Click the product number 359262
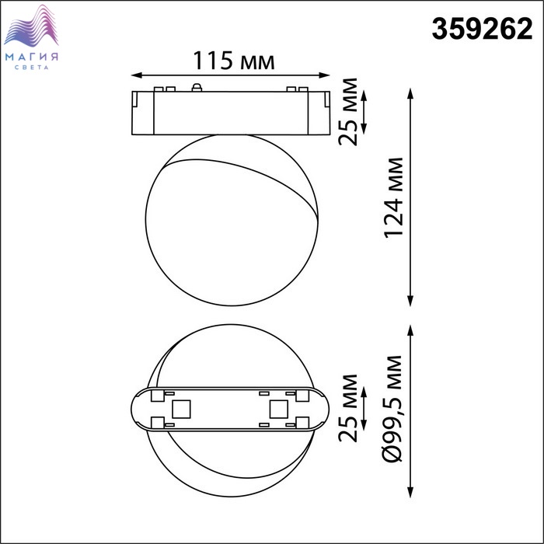482,29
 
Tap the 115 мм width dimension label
233,61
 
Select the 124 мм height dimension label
394,197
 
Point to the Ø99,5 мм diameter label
393,409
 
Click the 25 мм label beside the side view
348,112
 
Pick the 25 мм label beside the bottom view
348,408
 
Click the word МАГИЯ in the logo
32,57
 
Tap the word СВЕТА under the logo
32,68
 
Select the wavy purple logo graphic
31,26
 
